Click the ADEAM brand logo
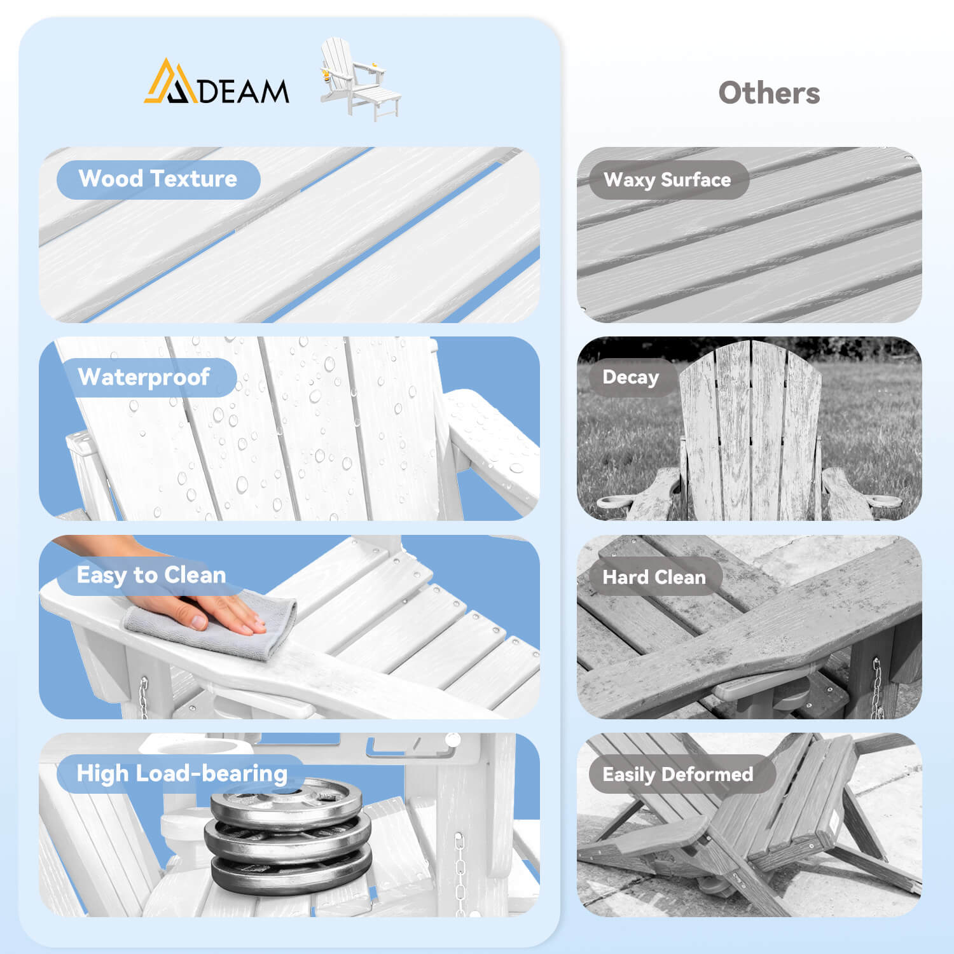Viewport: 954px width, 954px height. (216, 82)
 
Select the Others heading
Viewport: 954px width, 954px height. (769, 93)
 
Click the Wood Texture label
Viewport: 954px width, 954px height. (158, 179)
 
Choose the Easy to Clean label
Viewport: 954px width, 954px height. (151, 575)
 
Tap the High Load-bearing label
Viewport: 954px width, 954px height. (182, 773)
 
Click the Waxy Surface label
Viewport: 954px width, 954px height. (667, 180)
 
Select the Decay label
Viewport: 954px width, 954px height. (630, 377)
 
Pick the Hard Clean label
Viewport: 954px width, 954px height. (654, 577)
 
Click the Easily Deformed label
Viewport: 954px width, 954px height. (678, 774)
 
